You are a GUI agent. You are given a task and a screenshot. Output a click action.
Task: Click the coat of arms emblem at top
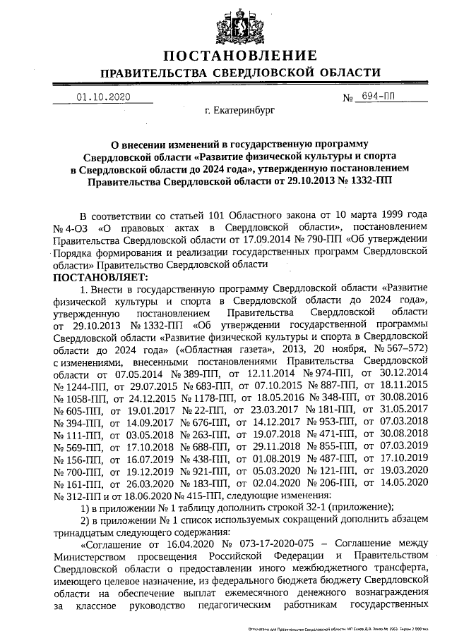[239, 23]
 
